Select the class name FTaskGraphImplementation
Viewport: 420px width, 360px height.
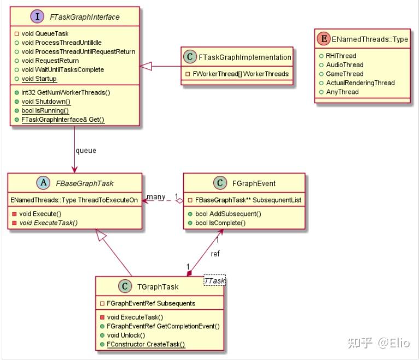coord(245,57)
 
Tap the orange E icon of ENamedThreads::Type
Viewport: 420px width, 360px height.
coord(324,39)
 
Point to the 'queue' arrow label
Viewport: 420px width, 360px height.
coord(86,151)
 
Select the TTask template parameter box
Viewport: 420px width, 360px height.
coord(214,281)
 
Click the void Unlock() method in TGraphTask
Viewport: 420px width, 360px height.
coord(126,335)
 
